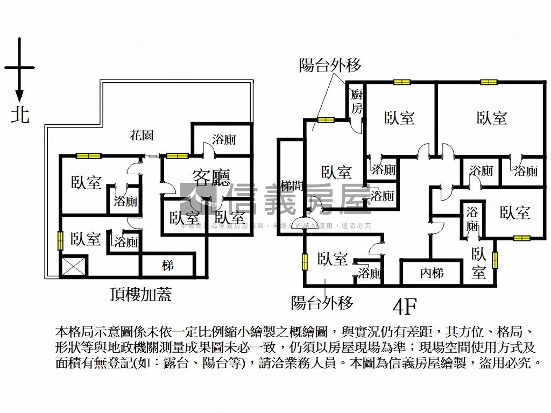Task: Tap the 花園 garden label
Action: (142, 135)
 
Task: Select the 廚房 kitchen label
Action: (357, 102)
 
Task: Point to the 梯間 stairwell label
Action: (291, 186)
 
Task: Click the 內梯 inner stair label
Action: (432, 273)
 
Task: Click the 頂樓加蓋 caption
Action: (140, 295)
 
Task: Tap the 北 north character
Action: (20, 115)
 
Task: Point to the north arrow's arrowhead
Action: (19, 97)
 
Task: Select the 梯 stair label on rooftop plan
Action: (168, 266)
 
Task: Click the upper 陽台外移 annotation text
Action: (330, 66)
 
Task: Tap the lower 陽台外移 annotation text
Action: (322, 303)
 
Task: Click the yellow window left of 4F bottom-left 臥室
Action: (305, 261)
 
